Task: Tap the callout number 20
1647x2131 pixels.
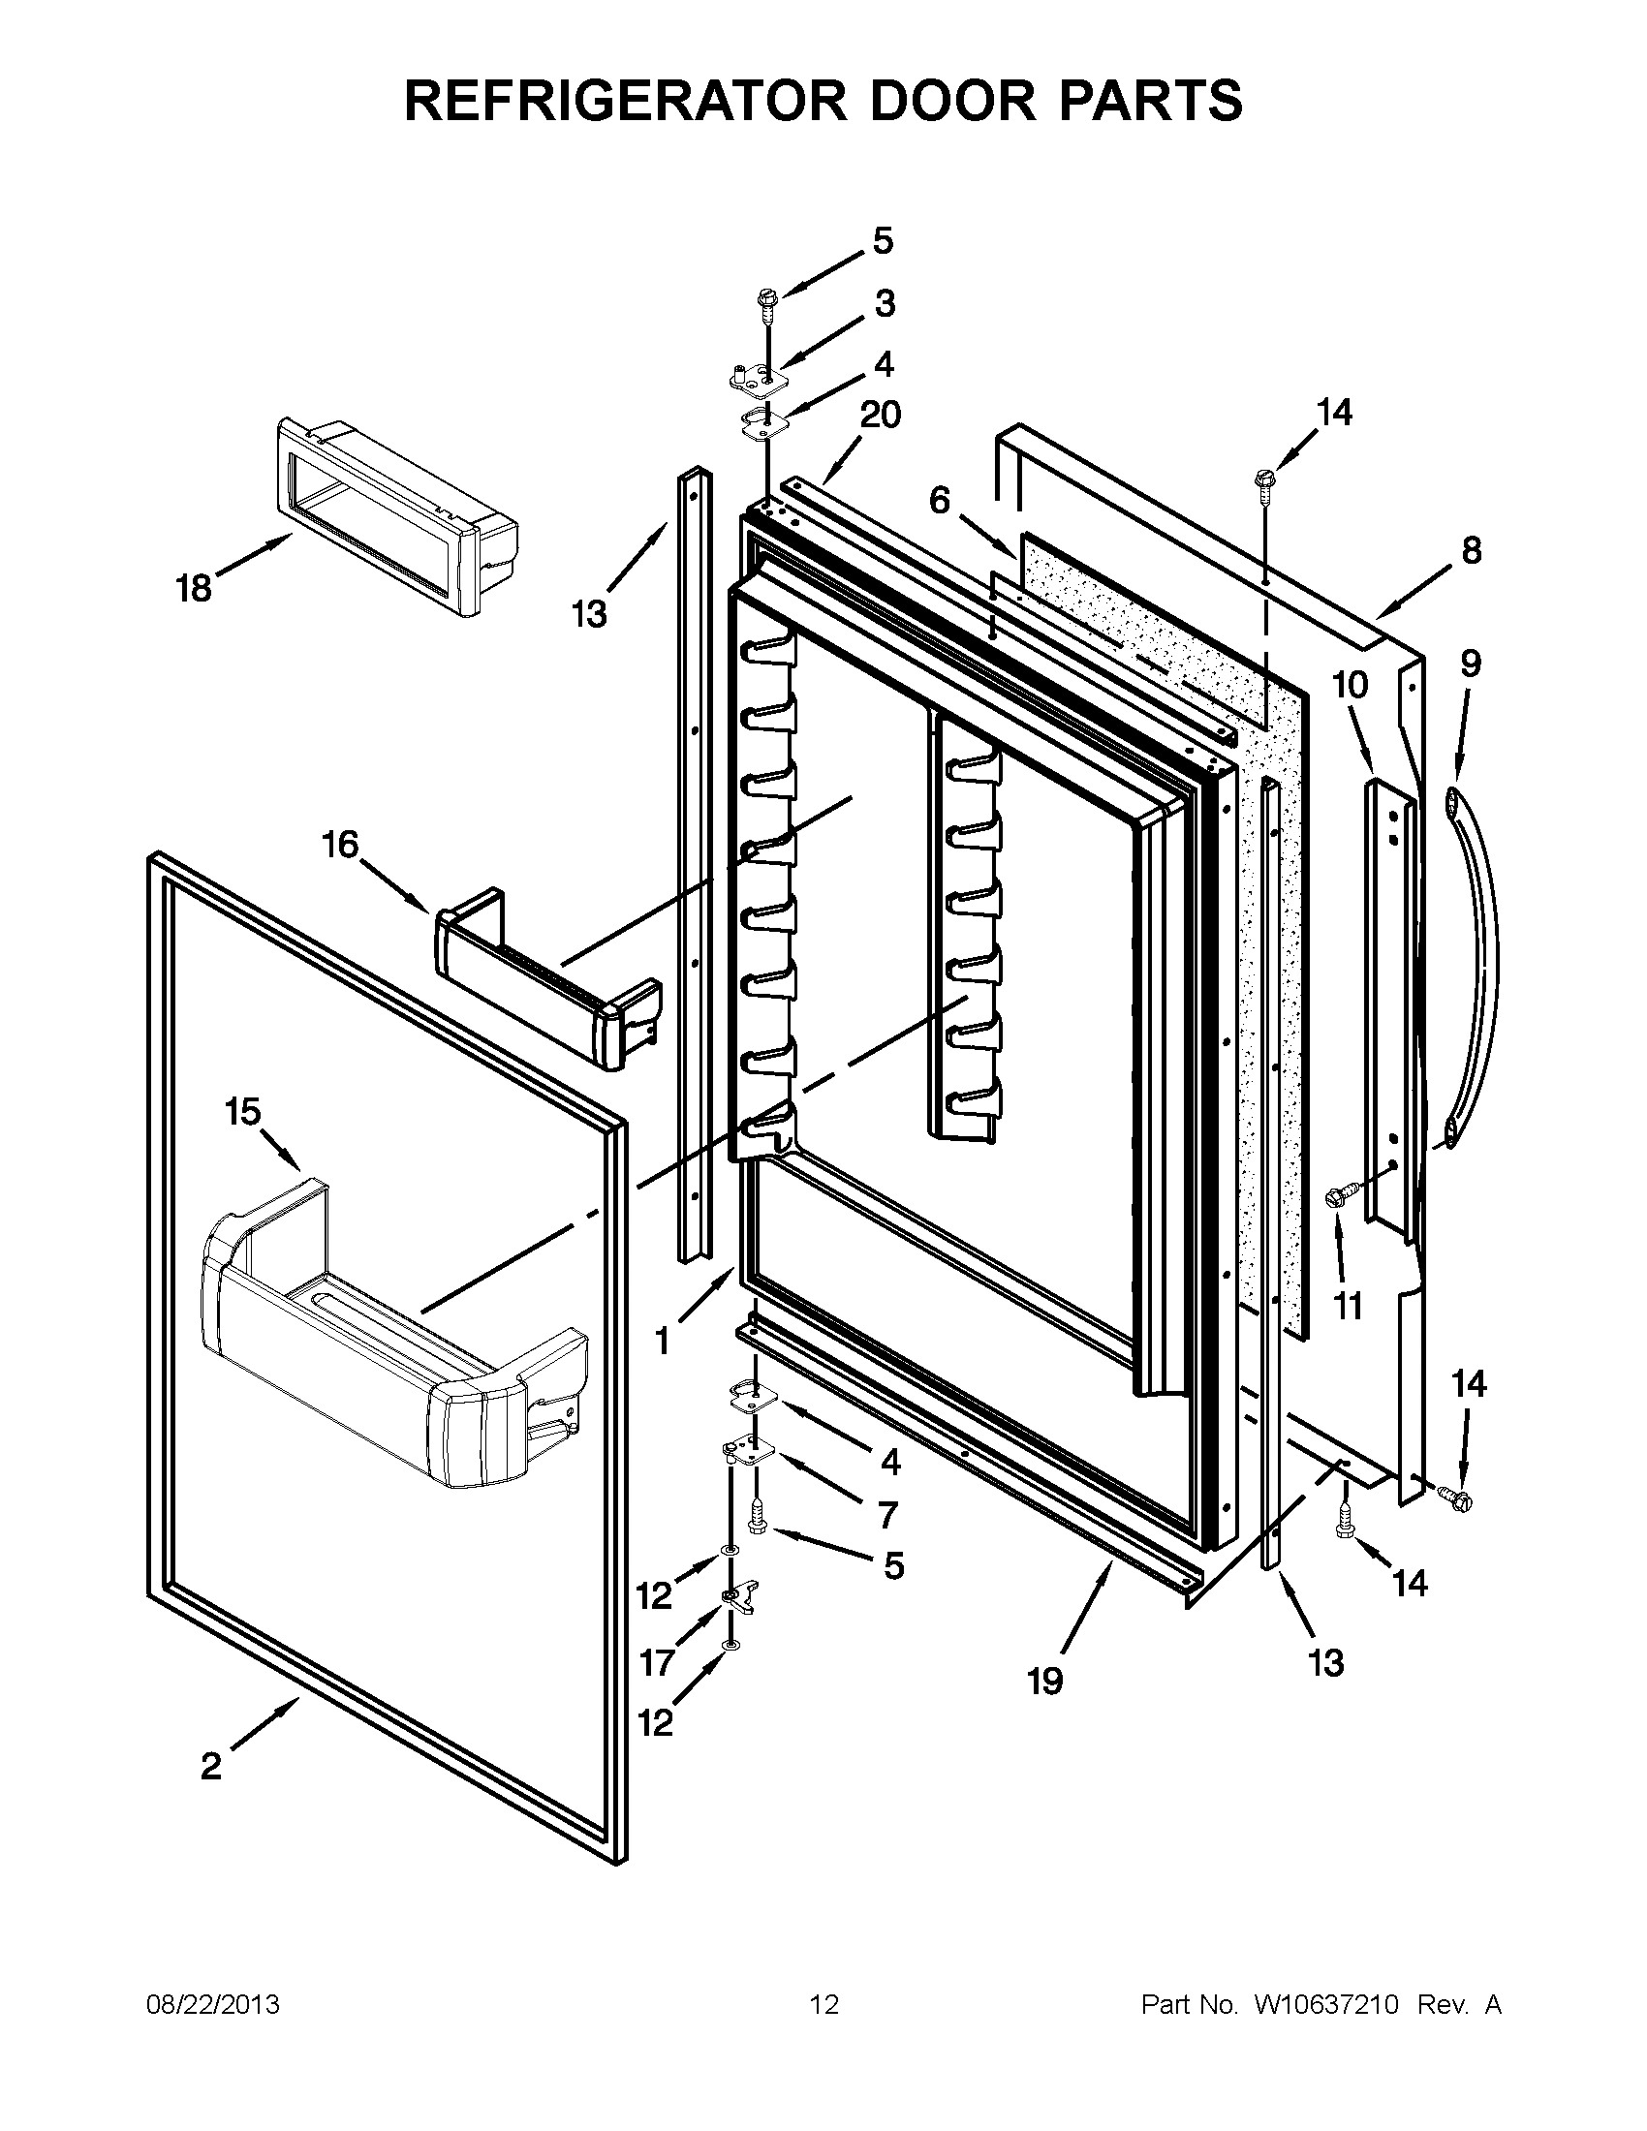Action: [x=879, y=415]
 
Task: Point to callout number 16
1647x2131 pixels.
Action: [x=340, y=844]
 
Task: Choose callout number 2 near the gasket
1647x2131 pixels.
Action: [x=211, y=1792]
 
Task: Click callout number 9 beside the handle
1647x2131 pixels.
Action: [x=1471, y=664]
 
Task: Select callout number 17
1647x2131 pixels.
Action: [x=656, y=1661]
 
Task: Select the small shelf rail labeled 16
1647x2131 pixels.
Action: [x=546, y=985]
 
